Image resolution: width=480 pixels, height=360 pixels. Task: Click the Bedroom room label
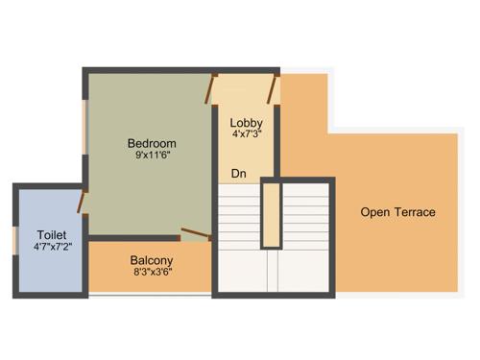[x=152, y=144]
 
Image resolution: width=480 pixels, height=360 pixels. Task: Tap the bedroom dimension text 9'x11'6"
[x=152, y=157]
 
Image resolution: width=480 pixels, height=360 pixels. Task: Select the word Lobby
[x=247, y=123]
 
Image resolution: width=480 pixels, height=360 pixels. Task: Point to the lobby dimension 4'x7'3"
[x=247, y=135]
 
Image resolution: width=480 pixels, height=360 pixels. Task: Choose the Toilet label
[x=51, y=235]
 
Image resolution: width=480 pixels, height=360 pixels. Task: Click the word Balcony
[x=152, y=260]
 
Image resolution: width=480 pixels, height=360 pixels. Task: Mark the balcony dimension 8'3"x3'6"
[x=152, y=273]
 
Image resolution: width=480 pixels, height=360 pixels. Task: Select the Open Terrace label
[x=397, y=212]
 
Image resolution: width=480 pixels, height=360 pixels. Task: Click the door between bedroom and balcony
[x=197, y=232]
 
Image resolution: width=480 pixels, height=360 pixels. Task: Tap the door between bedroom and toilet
[x=83, y=203]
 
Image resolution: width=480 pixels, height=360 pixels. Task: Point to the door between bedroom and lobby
[x=212, y=89]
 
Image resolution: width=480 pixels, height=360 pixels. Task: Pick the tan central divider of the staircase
[x=272, y=213]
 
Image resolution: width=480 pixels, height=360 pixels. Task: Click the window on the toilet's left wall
[x=14, y=241]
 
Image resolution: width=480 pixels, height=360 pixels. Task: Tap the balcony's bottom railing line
[x=149, y=295]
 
